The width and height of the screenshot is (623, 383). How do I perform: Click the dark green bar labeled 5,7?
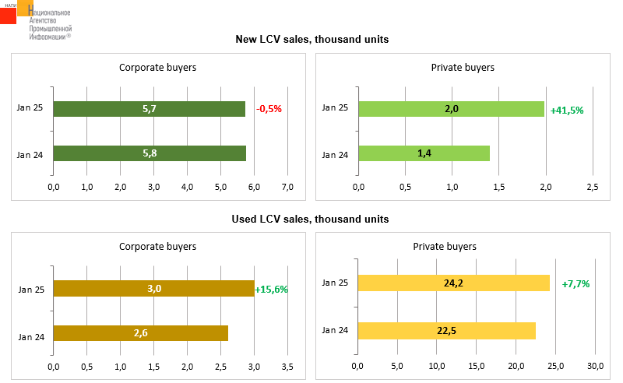pos(150,109)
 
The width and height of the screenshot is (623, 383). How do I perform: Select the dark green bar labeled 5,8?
pos(150,153)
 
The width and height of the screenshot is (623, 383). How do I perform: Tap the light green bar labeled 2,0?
pos(451,109)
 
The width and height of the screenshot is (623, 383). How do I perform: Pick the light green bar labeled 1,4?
pos(424,153)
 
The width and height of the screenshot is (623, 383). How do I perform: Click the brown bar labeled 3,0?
pos(153,289)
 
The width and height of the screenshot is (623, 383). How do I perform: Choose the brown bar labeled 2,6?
pos(140,333)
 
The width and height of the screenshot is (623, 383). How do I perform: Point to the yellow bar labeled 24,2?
pos(453,283)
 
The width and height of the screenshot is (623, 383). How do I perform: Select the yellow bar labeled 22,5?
pos(446,330)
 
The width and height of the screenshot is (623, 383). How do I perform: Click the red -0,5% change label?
pos(269,109)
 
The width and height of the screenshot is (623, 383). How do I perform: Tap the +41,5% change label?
pos(567,111)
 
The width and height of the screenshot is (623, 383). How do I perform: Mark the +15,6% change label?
pos(272,290)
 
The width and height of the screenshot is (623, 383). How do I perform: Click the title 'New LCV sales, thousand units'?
pos(312,39)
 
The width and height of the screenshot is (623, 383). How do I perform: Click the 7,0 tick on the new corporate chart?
pos(287,187)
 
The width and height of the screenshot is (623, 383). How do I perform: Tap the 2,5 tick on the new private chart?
pos(592,187)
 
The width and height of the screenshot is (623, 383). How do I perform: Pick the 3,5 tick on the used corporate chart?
pos(287,366)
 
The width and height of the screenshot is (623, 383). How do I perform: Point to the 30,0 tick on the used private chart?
pos(595,366)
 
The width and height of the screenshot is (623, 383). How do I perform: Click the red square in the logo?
pos(8,14)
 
